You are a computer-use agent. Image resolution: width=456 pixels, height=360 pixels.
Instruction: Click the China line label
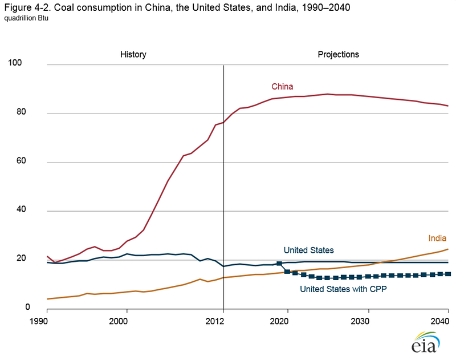pos(282,87)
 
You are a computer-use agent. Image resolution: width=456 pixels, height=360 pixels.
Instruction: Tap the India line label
pos(437,238)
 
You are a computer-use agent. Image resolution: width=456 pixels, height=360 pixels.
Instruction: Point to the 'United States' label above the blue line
pos(308,250)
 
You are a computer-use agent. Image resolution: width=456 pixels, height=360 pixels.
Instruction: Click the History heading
pos(133,55)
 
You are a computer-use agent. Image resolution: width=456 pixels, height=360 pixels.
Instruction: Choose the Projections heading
pos(338,55)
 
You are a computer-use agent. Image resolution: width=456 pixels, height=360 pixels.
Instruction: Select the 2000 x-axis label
pos(119,321)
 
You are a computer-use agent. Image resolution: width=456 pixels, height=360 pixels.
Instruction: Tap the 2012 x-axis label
pos(223,321)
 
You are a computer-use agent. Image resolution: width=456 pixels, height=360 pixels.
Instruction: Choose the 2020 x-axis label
pos(287,321)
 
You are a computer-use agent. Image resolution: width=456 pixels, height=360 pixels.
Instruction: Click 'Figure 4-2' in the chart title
pos(24,7)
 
